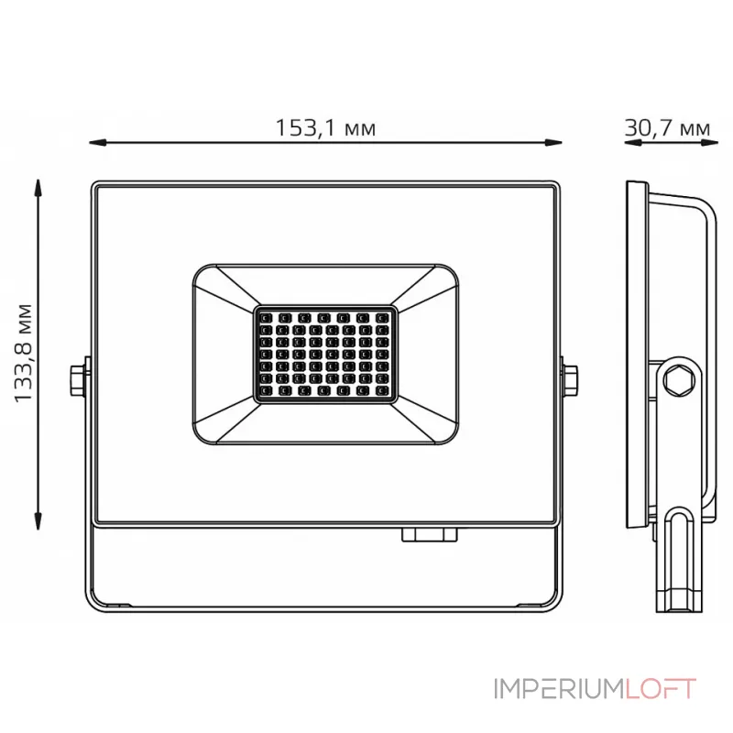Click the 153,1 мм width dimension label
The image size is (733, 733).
click(325, 127)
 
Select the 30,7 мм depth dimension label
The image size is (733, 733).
click(667, 127)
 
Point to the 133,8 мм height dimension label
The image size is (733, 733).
click(24, 353)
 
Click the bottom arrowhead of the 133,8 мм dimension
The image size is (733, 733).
click(38, 520)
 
